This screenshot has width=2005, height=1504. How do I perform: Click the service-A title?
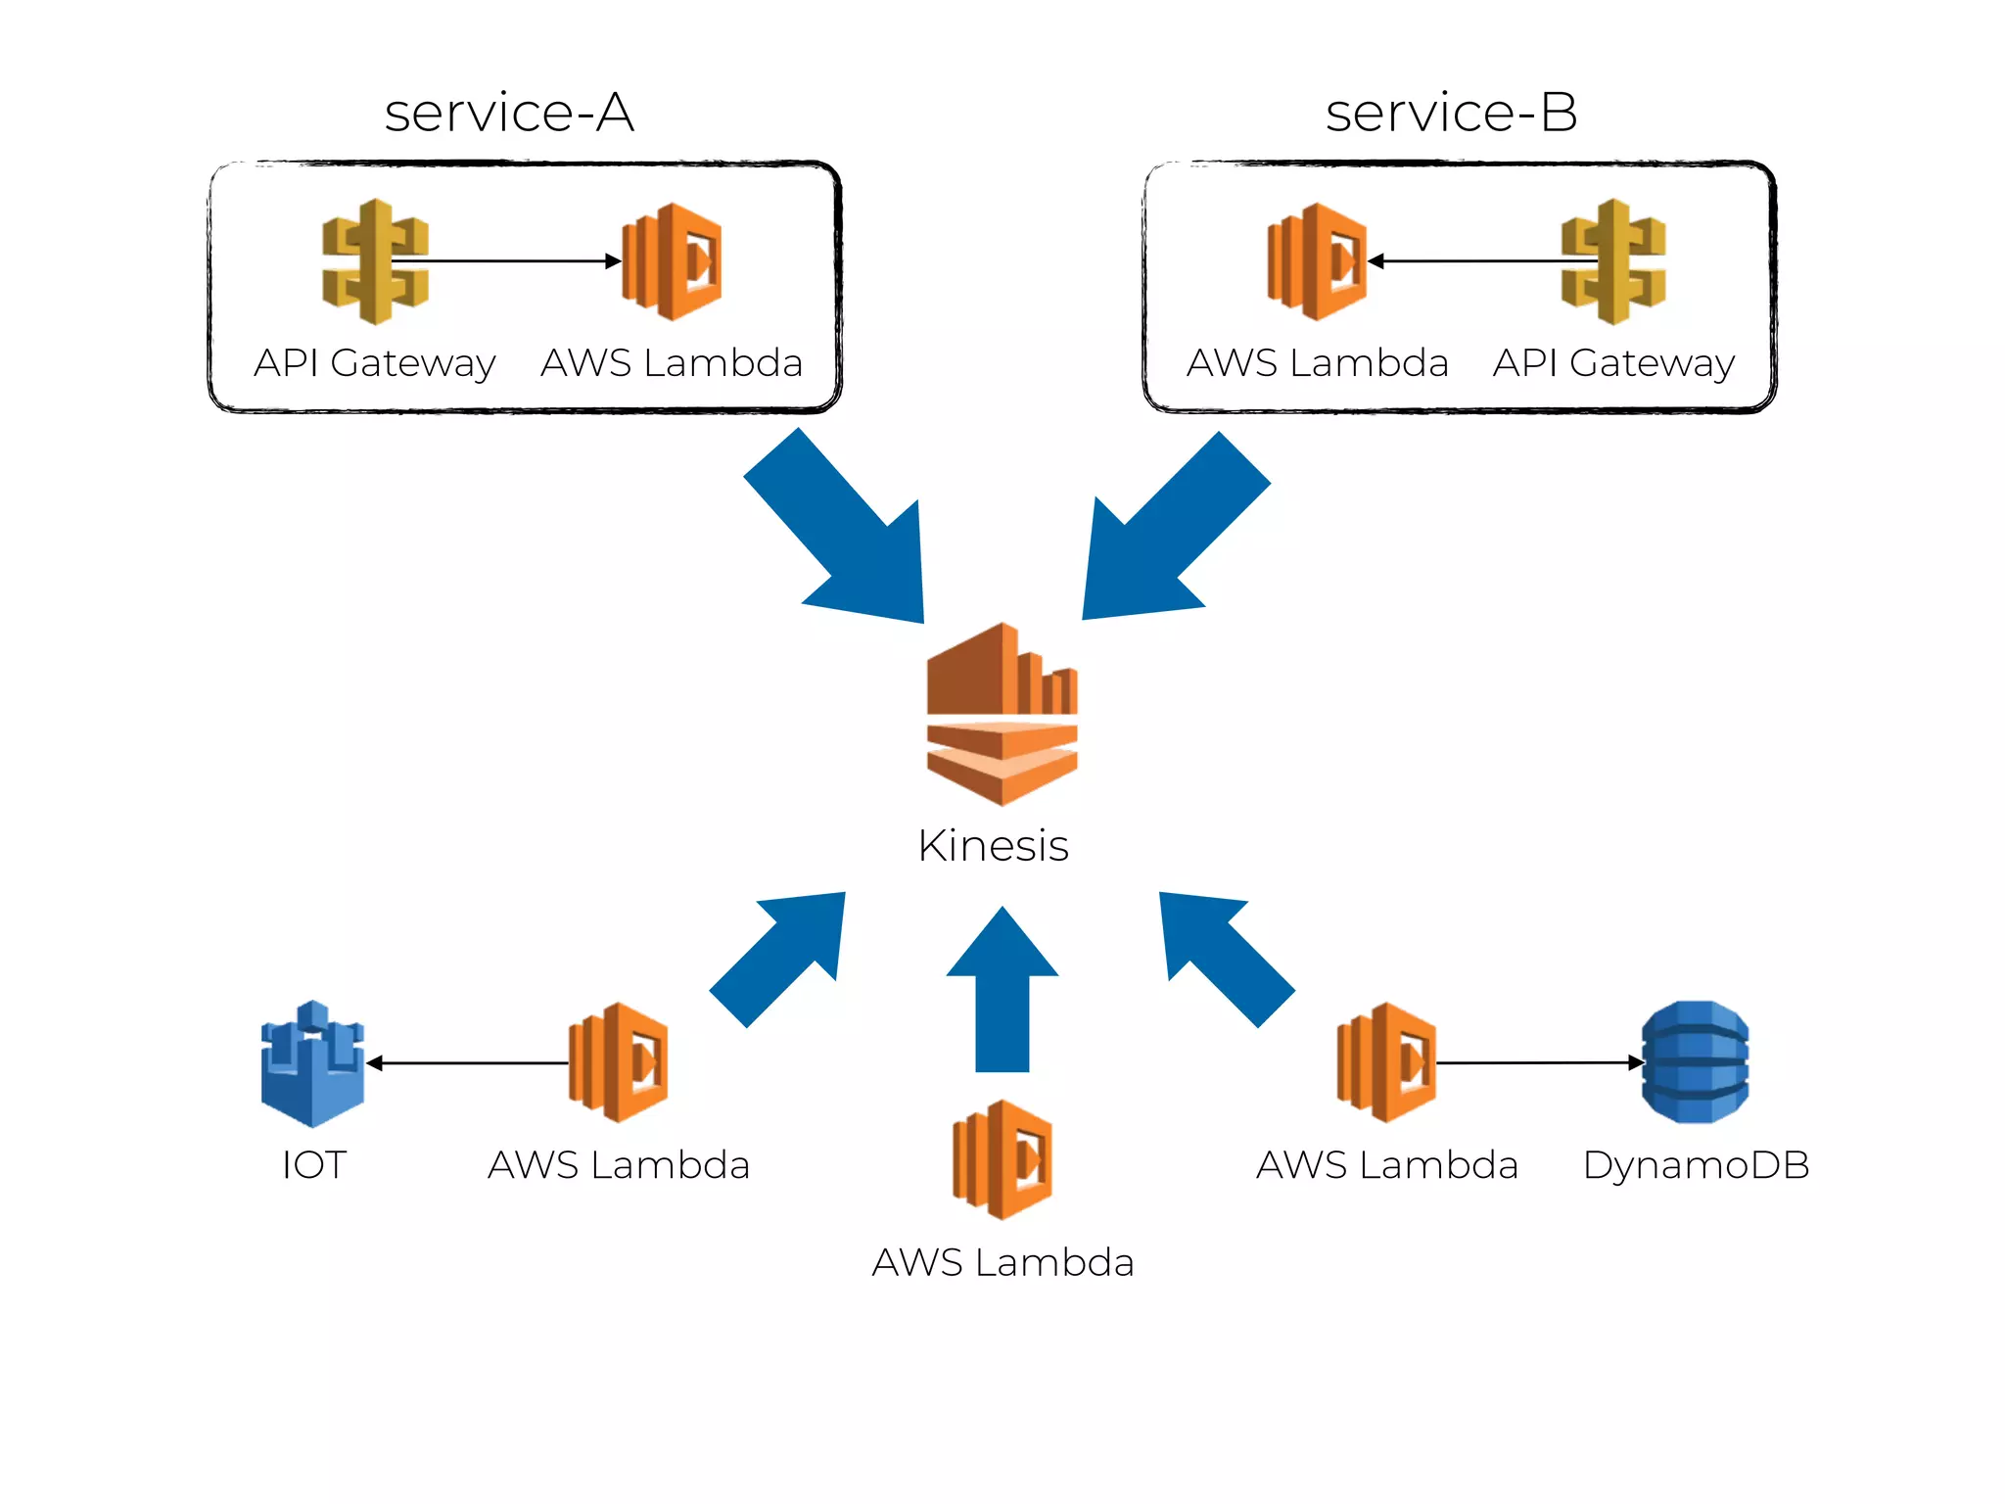pos(509,113)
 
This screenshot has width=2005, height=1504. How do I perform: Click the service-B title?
pos(1451,113)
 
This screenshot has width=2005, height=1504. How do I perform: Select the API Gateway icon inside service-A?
pos(375,261)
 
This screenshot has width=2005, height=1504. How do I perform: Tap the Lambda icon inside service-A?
pos(673,261)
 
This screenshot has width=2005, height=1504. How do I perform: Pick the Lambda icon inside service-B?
pos(1317,261)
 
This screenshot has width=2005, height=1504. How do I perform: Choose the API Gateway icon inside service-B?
pos(1613,261)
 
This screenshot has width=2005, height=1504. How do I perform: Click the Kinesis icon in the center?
pos(1002,715)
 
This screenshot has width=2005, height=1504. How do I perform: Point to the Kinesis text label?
pos(993,846)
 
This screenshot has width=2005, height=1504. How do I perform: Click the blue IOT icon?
pos(312,1063)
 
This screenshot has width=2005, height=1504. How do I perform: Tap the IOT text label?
pos(313,1165)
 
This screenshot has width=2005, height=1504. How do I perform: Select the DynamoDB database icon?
pos(1695,1062)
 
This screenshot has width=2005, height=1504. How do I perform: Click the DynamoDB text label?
pos(1696,1165)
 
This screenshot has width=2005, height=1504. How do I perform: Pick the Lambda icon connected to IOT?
pos(619,1062)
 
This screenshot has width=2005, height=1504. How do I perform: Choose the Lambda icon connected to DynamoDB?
pos(1387,1062)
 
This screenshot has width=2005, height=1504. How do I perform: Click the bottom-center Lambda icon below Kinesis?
pos(1002,1159)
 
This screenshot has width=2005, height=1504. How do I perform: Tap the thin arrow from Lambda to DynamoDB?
pos(1537,1062)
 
